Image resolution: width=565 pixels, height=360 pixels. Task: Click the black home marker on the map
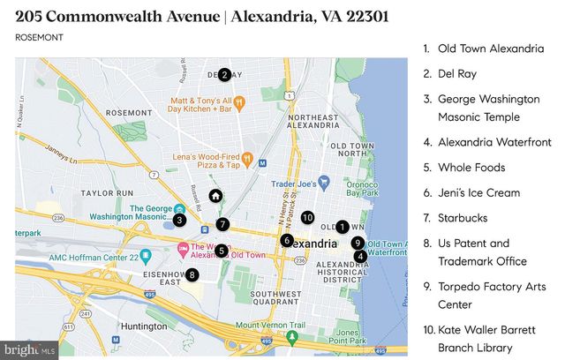[x=215, y=196]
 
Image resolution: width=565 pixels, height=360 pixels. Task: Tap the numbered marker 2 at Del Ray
[x=224, y=75]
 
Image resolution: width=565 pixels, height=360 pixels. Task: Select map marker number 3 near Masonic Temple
[x=179, y=220]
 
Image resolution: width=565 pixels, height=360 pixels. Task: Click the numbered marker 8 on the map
[x=192, y=274]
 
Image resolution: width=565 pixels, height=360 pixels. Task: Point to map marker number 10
[x=307, y=217]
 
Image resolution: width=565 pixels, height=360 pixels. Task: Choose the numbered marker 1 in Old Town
[x=343, y=227]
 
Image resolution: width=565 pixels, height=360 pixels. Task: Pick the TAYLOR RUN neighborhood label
[x=105, y=191]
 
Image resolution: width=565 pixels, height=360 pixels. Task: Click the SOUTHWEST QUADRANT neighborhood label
[x=277, y=298]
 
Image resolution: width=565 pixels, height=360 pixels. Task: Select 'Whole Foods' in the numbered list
[x=471, y=168]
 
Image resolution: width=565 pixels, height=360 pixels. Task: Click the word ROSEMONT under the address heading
[x=38, y=37]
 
